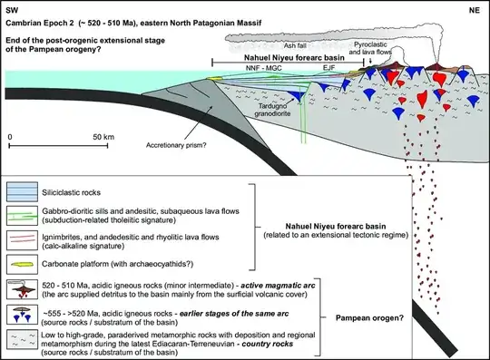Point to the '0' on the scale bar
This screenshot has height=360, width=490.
pos(11,136)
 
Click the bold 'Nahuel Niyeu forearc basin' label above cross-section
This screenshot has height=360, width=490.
pos(300,56)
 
